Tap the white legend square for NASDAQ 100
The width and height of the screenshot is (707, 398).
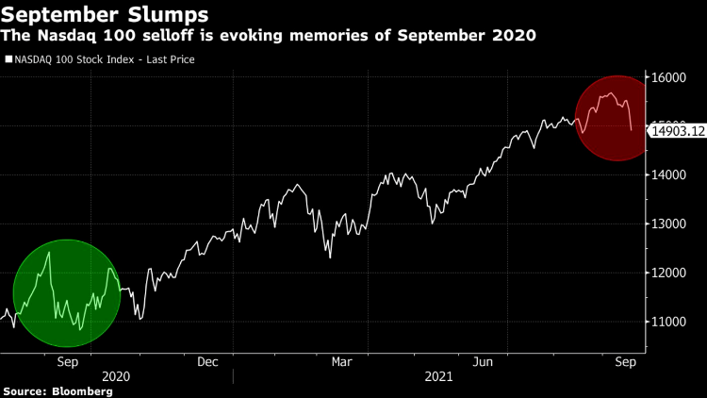point(8,59)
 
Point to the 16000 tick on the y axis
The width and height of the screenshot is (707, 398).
point(667,77)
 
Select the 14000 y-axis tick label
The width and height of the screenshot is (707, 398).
point(667,175)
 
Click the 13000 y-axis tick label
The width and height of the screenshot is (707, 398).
point(667,224)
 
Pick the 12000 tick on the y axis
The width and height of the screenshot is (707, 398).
point(667,274)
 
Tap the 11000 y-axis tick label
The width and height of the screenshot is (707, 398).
point(667,323)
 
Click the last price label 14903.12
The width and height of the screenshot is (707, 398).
point(678,133)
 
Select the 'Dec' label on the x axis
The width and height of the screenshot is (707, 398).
point(207,361)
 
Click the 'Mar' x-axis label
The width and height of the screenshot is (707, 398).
point(342,361)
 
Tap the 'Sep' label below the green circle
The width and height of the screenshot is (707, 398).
point(68,361)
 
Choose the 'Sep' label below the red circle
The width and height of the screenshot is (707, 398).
point(625,361)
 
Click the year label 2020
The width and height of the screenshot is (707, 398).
point(115,376)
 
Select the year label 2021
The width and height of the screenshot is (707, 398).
point(439,376)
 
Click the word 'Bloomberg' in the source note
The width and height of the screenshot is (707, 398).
point(81,390)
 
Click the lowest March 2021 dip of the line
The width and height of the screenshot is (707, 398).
point(330,257)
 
